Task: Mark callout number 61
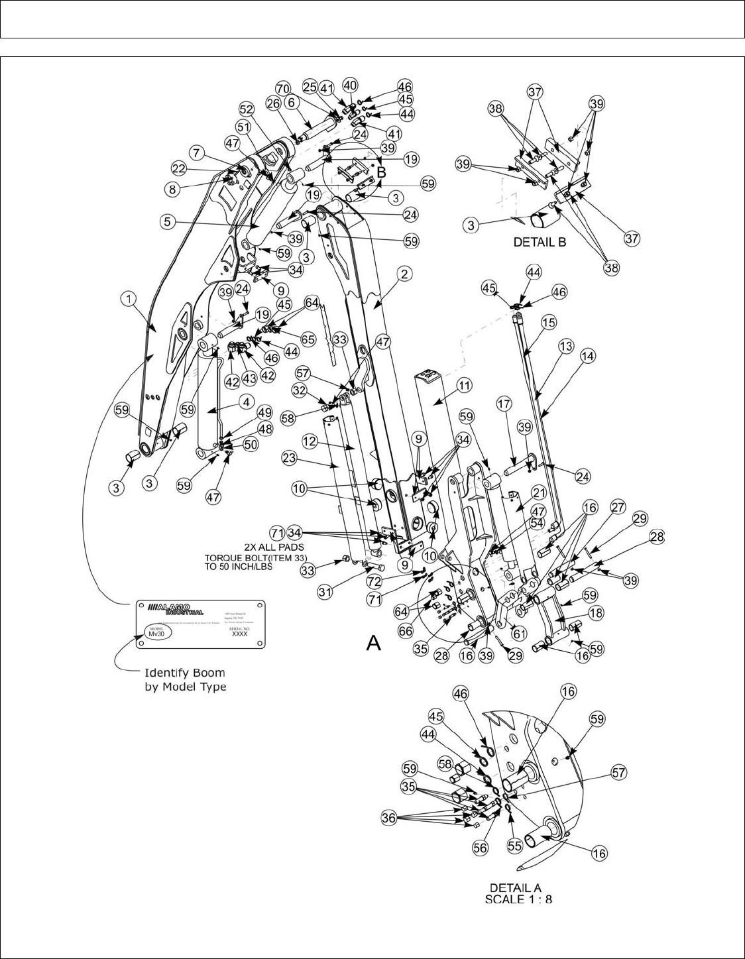click(519, 634)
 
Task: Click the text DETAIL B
click(539, 243)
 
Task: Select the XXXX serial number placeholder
click(239, 634)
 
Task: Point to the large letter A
click(373, 642)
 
